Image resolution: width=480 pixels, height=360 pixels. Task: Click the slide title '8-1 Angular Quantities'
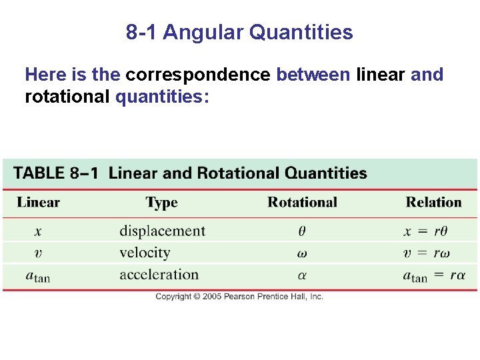coord(239,32)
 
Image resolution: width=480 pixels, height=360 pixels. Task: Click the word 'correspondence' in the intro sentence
coord(198,75)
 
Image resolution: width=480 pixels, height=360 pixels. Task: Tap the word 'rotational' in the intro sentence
coord(67,97)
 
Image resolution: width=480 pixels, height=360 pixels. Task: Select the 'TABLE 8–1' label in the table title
coord(56,173)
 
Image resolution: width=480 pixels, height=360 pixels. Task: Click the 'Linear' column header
coord(38,203)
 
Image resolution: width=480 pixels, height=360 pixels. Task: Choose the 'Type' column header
coord(161,203)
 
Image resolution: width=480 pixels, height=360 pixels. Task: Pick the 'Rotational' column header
coord(302,203)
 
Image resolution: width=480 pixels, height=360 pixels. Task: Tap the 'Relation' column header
coord(433,203)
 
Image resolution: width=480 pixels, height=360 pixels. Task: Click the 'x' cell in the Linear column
coord(38,231)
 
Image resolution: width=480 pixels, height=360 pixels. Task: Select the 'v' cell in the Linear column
coord(38,253)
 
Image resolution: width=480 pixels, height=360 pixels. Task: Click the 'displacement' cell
coord(162,231)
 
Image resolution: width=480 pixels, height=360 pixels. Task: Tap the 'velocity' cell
coord(145,253)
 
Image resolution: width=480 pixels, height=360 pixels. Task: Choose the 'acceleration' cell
coord(159,275)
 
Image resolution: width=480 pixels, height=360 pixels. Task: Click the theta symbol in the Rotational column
coord(302,231)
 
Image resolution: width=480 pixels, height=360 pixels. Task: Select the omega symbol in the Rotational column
coord(302,253)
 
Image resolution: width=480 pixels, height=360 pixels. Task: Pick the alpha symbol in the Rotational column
coord(302,275)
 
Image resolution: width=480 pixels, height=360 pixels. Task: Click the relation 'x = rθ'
coord(425,231)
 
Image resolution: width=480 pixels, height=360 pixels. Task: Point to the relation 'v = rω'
coord(427,253)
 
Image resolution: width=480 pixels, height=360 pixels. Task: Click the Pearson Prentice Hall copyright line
coord(239,297)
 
